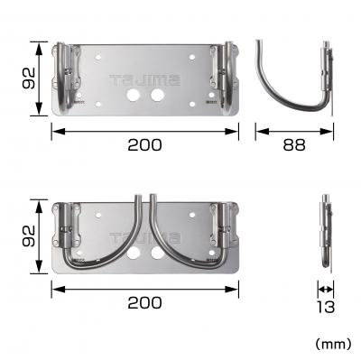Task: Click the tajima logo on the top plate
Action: [144, 79]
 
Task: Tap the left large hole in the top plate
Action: [134, 94]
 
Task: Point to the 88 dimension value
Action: [294, 143]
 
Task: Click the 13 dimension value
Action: [326, 306]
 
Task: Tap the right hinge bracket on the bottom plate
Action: [221, 230]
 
